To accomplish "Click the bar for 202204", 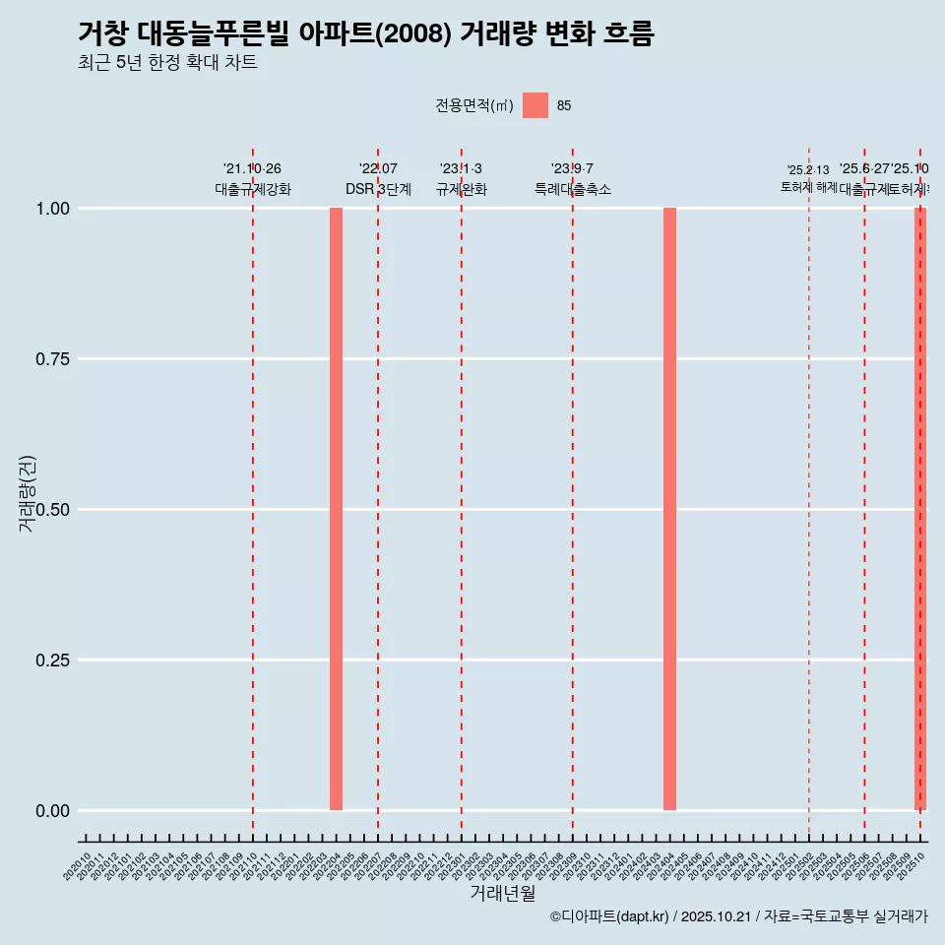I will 336,509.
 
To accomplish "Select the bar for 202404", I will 669,509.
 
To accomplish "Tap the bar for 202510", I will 920,509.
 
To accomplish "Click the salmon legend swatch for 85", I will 535,105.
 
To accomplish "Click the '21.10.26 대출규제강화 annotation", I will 253,179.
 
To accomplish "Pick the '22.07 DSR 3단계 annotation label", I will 378,179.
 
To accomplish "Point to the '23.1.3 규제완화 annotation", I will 461,179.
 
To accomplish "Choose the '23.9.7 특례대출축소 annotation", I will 572,179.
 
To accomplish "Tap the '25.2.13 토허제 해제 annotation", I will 808,178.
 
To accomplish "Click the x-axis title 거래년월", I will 502,894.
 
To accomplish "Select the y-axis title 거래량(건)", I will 27,492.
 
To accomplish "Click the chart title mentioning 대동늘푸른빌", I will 365,33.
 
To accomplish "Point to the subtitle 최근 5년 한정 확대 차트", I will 167,63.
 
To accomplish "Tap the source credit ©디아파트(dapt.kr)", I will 738,916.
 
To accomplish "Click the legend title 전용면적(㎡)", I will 474,105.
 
